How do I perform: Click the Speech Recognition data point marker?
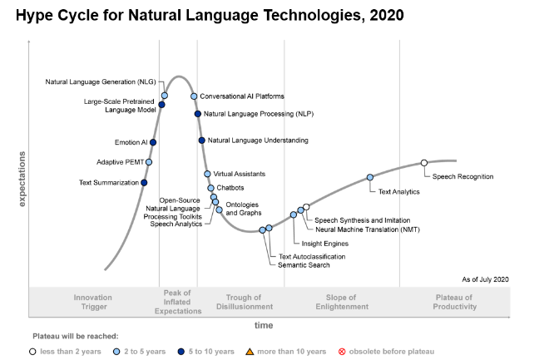pos(424,163)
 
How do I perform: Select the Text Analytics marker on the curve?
pos(370,177)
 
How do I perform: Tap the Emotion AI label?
pos(131,142)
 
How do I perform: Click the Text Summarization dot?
pos(145,182)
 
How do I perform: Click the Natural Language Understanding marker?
pos(201,140)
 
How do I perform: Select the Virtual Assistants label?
pos(240,174)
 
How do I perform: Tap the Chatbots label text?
pos(230,188)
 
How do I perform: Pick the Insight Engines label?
pos(324,244)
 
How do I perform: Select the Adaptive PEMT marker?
pos(149,162)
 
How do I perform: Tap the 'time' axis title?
pos(263,325)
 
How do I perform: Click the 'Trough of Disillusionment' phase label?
pos(250,302)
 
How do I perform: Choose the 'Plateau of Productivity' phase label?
pos(455,302)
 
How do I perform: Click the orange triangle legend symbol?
pos(249,351)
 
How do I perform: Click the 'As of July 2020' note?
pos(485,279)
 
